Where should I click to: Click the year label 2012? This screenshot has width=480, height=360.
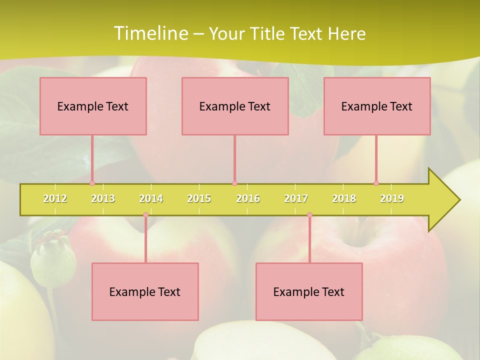55,198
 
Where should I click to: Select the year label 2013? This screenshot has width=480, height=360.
103,198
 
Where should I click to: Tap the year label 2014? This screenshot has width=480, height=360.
151,198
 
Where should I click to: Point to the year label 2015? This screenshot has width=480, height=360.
199,198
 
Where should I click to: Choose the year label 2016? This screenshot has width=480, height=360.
247,198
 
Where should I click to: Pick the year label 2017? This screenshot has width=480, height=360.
295,198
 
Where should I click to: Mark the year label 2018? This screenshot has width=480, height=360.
344,198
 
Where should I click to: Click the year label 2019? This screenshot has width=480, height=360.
392,198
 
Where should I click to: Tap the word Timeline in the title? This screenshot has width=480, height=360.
150,33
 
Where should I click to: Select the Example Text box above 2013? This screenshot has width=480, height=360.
93,106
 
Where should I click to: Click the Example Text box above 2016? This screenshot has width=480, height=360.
235,106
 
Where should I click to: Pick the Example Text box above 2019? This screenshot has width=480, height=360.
377,106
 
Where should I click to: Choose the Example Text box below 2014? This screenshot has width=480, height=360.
145,291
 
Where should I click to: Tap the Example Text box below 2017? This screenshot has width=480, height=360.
309,291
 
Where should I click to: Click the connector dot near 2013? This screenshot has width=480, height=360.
92,183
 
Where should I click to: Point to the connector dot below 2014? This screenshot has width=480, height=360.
145,215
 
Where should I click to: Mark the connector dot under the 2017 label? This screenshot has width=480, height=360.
309,215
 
